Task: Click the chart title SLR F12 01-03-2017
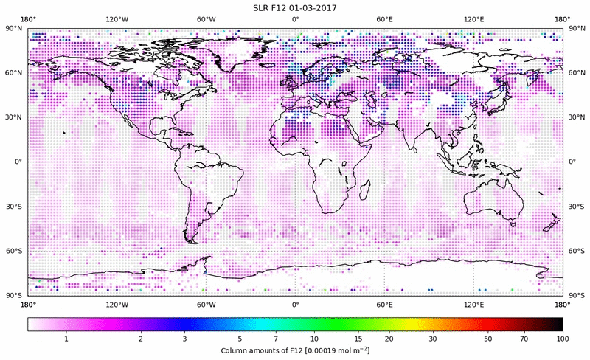tap(295, 8)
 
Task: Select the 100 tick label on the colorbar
tap(562, 338)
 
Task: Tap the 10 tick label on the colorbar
tap(315, 338)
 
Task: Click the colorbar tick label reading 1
tap(66, 338)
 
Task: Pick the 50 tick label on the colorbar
tap(488, 338)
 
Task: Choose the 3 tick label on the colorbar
tap(185, 338)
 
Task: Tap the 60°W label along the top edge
tap(206, 19)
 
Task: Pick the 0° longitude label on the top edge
tap(295, 19)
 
